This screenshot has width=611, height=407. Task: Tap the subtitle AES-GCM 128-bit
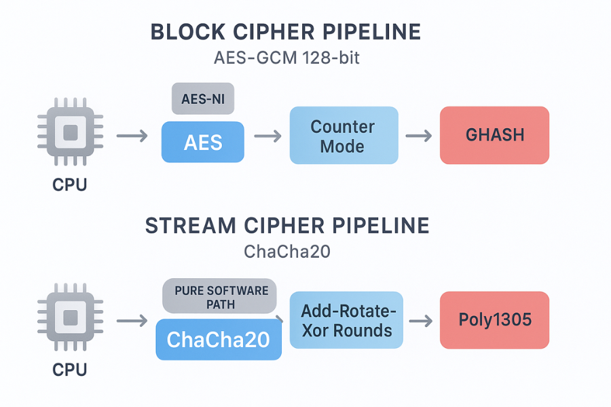tap(286, 58)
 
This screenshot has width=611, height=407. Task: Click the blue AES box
tap(202, 142)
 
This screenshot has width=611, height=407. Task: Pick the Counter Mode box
tap(343, 136)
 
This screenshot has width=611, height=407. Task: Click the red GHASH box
tap(494, 135)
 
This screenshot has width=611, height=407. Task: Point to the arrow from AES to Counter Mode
tap(267, 136)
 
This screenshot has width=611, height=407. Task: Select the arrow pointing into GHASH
tap(419, 136)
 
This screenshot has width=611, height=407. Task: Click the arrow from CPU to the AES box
tap(132, 136)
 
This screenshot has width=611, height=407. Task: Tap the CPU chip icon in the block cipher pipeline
tap(70, 133)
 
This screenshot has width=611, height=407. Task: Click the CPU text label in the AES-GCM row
tap(70, 184)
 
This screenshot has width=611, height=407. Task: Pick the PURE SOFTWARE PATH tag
tap(219, 296)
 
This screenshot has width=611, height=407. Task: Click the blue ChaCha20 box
tap(218, 339)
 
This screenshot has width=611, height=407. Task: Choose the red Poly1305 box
tap(494, 319)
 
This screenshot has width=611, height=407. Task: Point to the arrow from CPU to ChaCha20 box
tap(132, 320)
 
